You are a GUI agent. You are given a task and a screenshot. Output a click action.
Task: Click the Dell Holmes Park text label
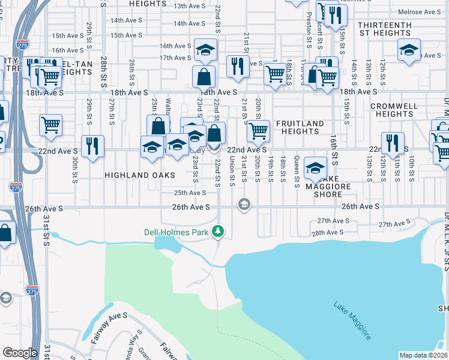point(179,232)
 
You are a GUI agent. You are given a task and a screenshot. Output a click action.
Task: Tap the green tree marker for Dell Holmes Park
point(220,231)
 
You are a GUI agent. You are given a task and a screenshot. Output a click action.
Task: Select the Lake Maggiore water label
point(352,321)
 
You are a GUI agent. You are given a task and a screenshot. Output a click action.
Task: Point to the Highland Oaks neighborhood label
point(139,175)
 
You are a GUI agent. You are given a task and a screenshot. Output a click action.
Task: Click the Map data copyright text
point(424,355)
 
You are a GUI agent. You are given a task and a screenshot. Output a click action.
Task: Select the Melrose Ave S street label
point(424,12)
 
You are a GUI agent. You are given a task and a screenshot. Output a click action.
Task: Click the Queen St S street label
point(297,171)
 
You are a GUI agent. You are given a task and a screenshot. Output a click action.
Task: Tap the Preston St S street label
point(309,30)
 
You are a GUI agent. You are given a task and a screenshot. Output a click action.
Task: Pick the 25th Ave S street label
point(190,193)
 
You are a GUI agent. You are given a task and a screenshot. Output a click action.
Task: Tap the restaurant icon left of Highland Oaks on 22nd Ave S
point(92,146)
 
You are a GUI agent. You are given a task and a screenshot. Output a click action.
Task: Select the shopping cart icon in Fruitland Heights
point(258,130)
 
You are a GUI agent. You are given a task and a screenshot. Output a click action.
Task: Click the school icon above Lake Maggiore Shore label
point(315,168)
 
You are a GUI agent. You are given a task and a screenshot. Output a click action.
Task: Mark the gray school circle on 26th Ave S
point(244,205)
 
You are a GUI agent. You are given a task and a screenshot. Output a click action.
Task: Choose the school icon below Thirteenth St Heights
point(409,49)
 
